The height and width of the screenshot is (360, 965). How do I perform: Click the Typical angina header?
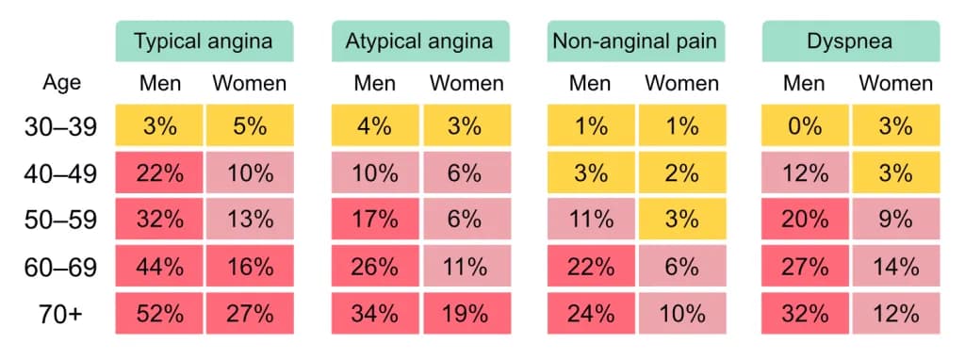pos(204,41)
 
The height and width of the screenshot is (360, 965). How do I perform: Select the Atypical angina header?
pos(420,41)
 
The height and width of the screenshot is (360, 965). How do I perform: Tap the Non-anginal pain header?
pos(636,41)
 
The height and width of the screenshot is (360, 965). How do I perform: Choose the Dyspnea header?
pos(851,41)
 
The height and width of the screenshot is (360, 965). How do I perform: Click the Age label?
pos(61,83)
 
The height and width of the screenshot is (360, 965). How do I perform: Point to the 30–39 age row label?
pos(61,127)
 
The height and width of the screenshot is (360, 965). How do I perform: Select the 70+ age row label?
pos(61,314)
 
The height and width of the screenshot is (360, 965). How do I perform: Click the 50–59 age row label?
pos(61,221)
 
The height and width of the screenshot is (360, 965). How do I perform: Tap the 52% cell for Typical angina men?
pos(158,314)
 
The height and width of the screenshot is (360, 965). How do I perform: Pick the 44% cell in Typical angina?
pos(158,267)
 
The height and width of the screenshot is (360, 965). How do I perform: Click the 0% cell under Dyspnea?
pos(806,127)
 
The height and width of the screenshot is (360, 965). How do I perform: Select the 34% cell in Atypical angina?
pos(375,314)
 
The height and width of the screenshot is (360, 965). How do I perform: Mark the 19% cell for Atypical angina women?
pos(466,314)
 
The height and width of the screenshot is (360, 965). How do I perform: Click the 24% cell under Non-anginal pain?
pos(591,314)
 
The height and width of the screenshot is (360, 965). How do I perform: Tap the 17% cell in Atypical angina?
pos(375,221)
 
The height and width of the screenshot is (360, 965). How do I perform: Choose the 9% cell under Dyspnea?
pos(896,221)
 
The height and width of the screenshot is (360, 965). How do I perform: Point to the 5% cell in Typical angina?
pos(250,127)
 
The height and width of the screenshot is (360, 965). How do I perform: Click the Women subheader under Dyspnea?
pos(896,83)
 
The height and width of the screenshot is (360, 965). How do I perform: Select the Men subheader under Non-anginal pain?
pos(591,83)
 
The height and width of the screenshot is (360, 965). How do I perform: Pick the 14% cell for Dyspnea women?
pos(896,267)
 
